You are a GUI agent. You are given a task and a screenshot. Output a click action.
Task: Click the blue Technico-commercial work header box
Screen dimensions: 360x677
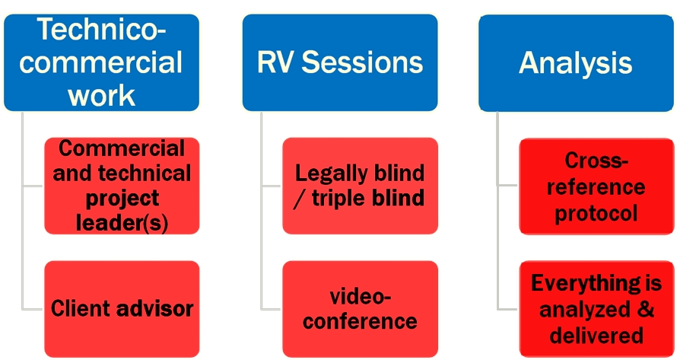(102, 62)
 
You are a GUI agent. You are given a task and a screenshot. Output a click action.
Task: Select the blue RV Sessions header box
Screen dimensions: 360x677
(340, 62)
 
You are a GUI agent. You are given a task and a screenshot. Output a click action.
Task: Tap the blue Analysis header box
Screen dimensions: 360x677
(576, 62)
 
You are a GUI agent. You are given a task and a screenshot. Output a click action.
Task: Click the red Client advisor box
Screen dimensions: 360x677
(122, 308)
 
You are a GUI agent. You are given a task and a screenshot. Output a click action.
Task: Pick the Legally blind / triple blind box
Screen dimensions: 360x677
(360, 185)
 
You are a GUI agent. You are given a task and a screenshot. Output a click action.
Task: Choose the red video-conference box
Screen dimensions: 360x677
(360, 307)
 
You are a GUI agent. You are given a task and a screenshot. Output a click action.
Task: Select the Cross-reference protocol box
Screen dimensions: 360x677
(596, 186)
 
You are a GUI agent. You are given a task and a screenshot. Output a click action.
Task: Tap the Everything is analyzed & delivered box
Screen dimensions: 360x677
(596, 309)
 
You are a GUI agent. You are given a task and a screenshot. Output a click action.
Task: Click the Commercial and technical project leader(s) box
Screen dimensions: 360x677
(122, 185)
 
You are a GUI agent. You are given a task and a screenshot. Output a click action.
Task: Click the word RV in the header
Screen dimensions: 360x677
(276, 63)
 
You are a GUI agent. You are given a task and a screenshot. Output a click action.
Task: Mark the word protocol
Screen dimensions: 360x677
(596, 212)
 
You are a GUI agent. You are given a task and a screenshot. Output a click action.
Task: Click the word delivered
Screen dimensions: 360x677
(596, 335)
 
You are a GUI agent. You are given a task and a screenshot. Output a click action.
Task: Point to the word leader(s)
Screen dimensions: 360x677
(122, 223)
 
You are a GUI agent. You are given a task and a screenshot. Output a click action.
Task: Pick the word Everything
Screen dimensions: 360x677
(586, 283)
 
